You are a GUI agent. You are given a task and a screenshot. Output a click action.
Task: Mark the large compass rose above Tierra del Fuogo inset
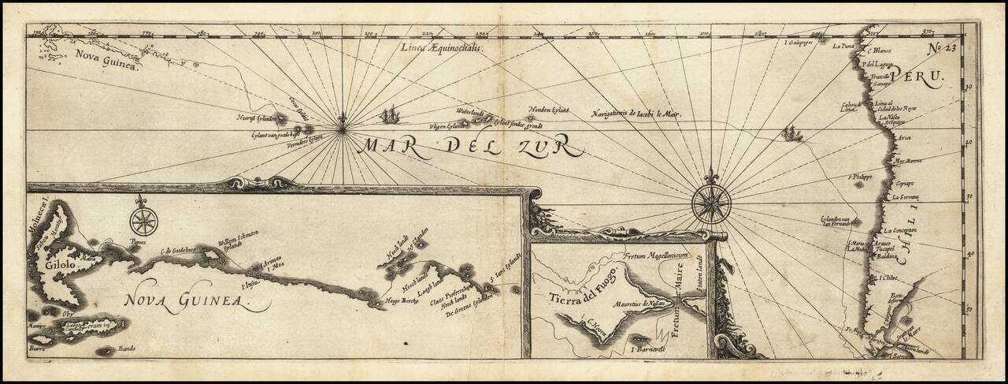coord(711,202)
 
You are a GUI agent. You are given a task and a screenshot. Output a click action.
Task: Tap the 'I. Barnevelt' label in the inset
coord(649,347)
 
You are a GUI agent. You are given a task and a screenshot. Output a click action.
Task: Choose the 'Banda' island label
coord(127,348)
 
